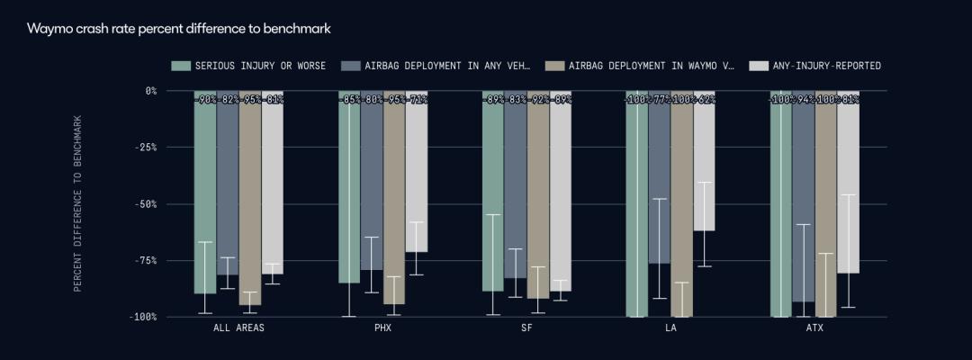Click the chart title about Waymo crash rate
click(179, 29)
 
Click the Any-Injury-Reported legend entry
click(815, 66)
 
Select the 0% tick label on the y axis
click(150, 91)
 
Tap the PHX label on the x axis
click(382, 328)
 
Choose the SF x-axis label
click(526, 328)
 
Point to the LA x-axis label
click(670, 328)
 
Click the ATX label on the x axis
click(814, 328)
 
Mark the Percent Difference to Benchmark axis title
click(77, 203)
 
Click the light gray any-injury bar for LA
click(704, 162)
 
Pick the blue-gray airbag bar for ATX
click(803, 198)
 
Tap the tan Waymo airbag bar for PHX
click(393, 198)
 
